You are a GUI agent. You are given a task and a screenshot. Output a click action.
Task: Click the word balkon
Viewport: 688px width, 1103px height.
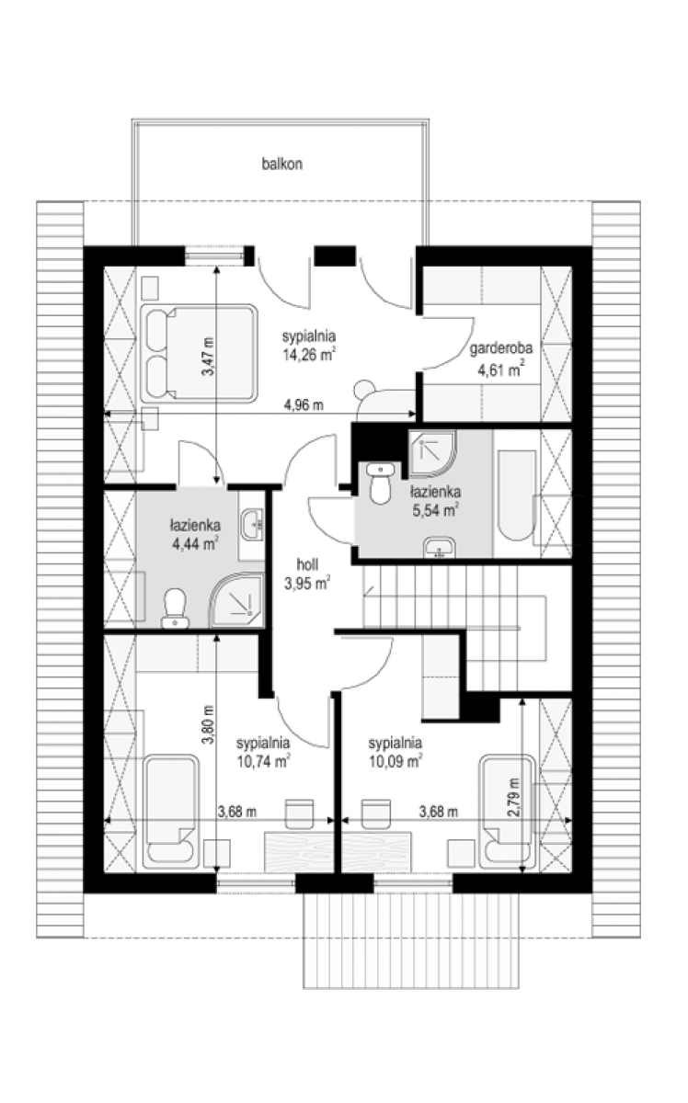(x=281, y=164)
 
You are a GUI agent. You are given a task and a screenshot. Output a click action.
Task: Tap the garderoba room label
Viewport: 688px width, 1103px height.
(x=500, y=349)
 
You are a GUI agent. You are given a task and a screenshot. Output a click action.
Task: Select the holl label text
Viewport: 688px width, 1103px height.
(x=307, y=564)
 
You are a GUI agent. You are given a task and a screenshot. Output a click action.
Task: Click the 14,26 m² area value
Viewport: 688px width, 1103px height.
(x=309, y=355)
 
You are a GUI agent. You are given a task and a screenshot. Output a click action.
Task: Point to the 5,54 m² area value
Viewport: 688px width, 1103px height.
(x=436, y=509)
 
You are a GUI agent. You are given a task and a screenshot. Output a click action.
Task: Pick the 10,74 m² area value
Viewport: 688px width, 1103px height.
(x=263, y=761)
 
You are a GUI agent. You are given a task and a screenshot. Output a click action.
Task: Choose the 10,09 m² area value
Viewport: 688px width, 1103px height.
(x=396, y=761)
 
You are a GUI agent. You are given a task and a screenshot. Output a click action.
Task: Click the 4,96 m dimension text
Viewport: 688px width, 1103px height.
(x=304, y=405)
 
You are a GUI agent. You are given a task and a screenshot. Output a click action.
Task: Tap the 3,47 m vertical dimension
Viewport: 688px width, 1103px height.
(x=209, y=357)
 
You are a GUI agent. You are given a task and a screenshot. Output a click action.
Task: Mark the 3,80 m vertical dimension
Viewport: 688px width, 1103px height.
(x=209, y=724)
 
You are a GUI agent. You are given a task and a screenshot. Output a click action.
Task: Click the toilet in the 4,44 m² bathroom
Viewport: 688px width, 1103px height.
(x=175, y=608)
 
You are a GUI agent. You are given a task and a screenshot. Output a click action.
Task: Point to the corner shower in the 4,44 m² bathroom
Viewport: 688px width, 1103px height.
(x=236, y=600)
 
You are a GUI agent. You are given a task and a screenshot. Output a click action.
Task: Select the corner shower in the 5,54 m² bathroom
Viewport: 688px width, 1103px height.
(x=432, y=454)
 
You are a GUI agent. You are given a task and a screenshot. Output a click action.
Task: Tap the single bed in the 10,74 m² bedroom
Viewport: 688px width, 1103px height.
(x=171, y=811)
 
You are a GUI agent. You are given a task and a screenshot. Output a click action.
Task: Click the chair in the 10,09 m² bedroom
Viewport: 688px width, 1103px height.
(x=376, y=814)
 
